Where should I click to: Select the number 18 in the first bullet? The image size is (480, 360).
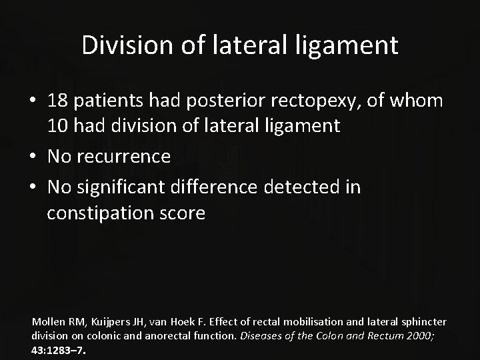click(x=58, y=101)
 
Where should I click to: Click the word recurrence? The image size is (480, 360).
click(x=125, y=157)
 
